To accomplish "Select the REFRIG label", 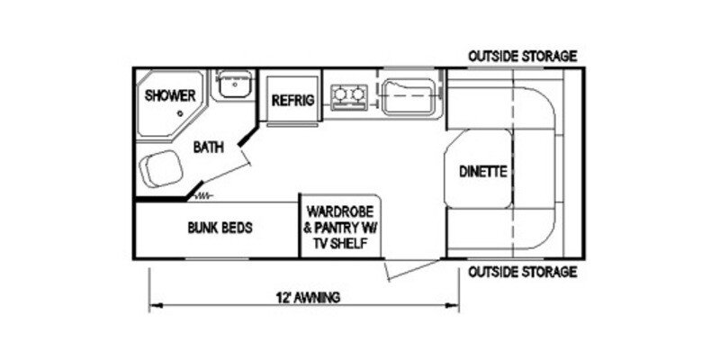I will click(x=293, y=101).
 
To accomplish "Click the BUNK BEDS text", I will click(x=220, y=228).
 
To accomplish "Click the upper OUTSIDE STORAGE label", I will click(x=522, y=57).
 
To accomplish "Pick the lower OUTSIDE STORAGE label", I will click(x=522, y=272).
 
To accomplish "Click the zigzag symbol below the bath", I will click(x=206, y=194).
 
